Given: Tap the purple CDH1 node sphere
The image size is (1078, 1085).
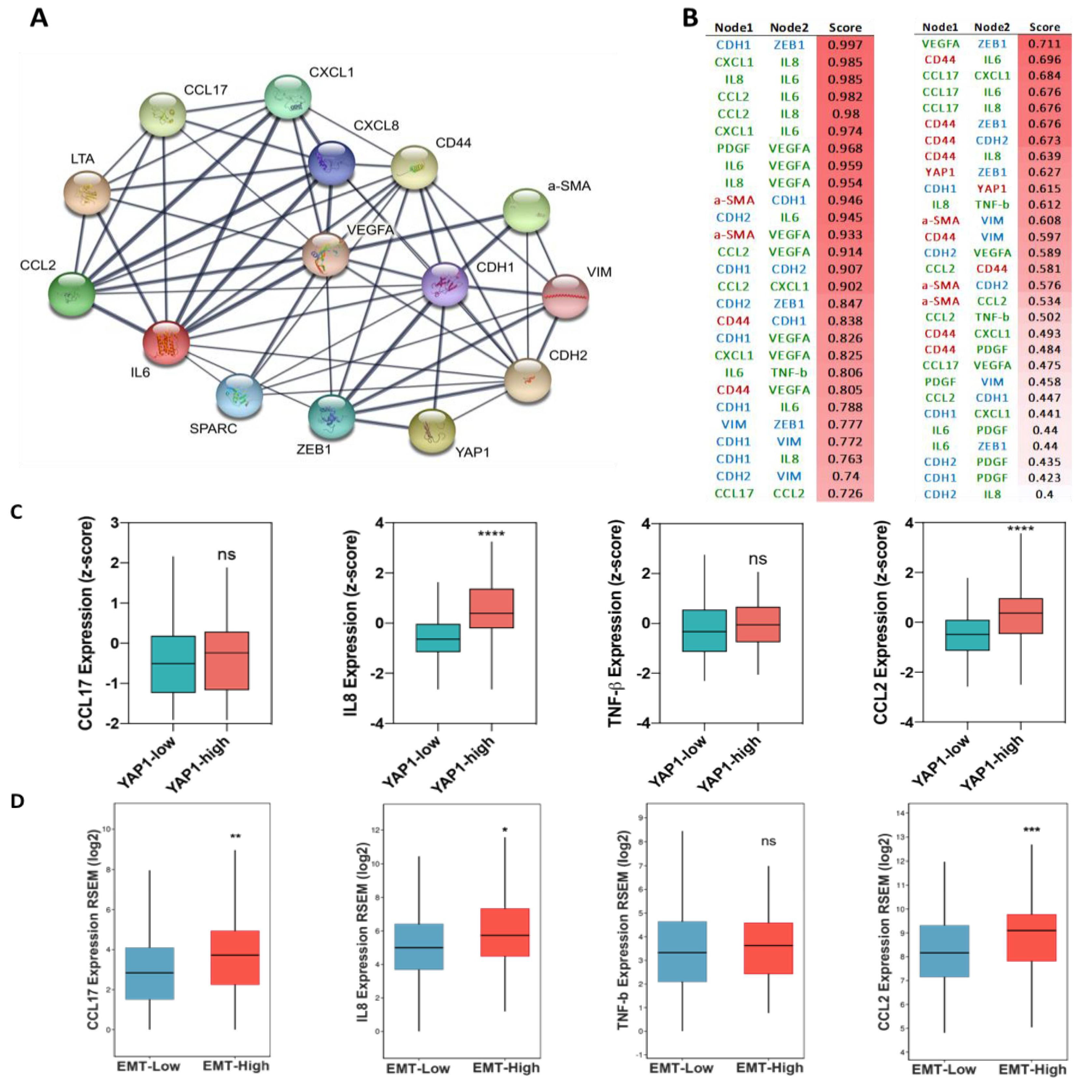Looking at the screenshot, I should [445, 285].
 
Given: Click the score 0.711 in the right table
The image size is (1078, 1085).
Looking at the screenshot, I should [1044, 44].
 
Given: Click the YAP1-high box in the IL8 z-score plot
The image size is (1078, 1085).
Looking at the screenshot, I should [491, 608].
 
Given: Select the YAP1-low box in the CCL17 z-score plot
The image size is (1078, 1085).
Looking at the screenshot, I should [174, 664].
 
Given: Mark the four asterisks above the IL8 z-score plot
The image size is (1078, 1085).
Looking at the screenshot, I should [491, 533].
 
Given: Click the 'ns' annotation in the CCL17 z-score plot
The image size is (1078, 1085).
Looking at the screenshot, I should [226, 555].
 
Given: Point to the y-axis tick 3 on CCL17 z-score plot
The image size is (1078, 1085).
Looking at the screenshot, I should [115, 523].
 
